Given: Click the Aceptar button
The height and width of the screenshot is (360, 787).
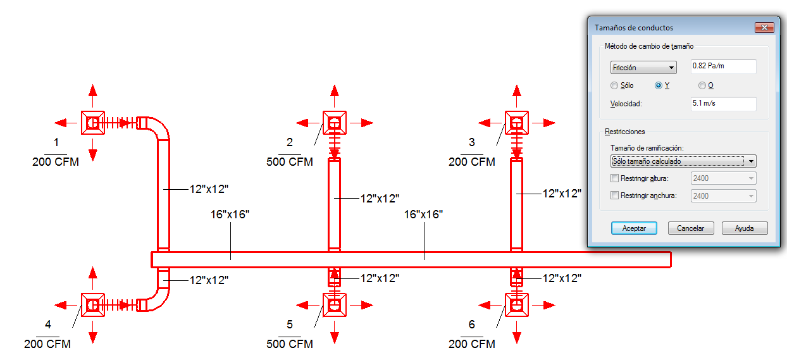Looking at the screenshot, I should tap(633, 228).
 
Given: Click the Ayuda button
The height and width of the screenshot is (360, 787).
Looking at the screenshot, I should tap(744, 228).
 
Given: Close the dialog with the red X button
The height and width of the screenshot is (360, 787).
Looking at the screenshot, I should tap(764, 27).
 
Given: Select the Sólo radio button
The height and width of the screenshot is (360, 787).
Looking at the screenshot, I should tap(614, 85).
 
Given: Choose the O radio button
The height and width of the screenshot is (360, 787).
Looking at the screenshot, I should tap(702, 85).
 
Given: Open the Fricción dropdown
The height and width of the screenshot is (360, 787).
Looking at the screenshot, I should tap(643, 68).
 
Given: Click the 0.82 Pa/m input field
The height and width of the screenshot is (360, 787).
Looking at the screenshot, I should tap(724, 66).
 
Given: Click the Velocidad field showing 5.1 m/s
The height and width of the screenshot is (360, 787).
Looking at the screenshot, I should tap(724, 103).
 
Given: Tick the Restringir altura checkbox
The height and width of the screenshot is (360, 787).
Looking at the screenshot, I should tap(614, 178).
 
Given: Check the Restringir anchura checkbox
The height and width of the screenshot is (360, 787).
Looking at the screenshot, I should tap(614, 196).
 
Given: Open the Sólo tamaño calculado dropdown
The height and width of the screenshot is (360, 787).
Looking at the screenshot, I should tap(683, 161).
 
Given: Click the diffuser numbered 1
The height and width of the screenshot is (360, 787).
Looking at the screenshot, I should tap(93, 122).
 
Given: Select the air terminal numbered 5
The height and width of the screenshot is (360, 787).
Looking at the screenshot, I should tap(335, 305).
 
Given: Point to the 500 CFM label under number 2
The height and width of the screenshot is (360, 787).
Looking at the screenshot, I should tap(290, 162).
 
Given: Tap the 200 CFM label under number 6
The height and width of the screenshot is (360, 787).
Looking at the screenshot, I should tap(472, 344).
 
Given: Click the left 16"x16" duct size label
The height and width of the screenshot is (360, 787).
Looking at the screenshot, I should tap(230, 214).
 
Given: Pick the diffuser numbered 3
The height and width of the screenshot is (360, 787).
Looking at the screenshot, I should tap(517, 123).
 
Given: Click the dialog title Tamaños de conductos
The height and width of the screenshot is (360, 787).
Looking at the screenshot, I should tap(634, 28).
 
